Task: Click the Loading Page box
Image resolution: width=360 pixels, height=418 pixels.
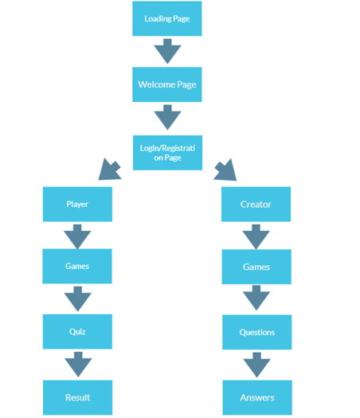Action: pyautogui.click(x=166, y=18)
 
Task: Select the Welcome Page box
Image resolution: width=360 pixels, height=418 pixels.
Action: pyautogui.click(x=166, y=84)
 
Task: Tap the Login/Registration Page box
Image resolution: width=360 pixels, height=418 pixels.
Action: pyautogui.click(x=166, y=152)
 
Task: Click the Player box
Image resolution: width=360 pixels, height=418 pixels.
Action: pyautogui.click(x=77, y=204)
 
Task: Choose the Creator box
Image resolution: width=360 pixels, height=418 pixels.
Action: pyautogui.click(x=256, y=204)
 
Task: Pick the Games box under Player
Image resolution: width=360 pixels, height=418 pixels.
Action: pyautogui.click(x=77, y=266)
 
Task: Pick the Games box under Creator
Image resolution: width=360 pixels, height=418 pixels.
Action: pyautogui.click(x=256, y=267)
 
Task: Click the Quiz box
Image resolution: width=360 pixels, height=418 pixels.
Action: pyautogui.click(x=77, y=331)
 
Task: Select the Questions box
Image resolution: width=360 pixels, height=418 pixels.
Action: pyautogui.click(x=256, y=332)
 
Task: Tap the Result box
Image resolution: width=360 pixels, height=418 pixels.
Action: pyautogui.click(x=77, y=397)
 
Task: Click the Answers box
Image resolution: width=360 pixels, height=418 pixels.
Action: pyautogui.click(x=256, y=397)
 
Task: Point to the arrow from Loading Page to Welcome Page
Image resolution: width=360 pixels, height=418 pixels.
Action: pyautogui.click(x=167, y=51)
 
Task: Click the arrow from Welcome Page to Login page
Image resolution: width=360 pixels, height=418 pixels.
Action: pyautogui.click(x=167, y=118)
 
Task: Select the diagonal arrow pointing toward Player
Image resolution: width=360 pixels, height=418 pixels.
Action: pyautogui.click(x=108, y=170)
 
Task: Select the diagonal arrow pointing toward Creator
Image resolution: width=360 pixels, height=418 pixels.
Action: pyautogui.click(x=225, y=170)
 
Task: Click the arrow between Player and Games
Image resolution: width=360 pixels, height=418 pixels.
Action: pyautogui.click(x=77, y=235)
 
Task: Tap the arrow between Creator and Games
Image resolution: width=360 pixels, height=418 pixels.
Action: pyautogui.click(x=256, y=236)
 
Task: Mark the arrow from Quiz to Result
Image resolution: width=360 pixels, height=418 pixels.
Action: pyautogui.click(x=77, y=365)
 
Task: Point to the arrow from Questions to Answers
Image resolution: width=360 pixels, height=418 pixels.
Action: pyautogui.click(x=256, y=365)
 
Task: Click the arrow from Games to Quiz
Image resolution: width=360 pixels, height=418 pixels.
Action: pyautogui.click(x=77, y=299)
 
